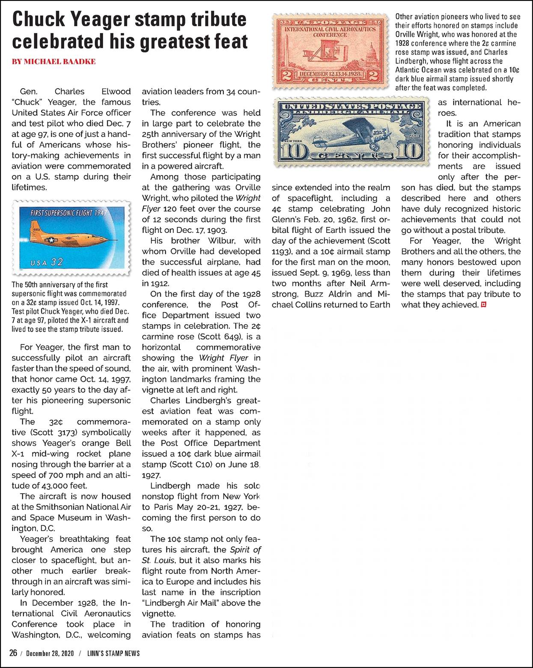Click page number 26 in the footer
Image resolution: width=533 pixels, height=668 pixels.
pyautogui.click(x=14, y=653)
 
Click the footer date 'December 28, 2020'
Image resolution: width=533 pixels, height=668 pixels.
pyautogui.click(x=50, y=654)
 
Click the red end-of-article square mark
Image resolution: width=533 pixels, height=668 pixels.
pyautogui.click(x=484, y=305)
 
